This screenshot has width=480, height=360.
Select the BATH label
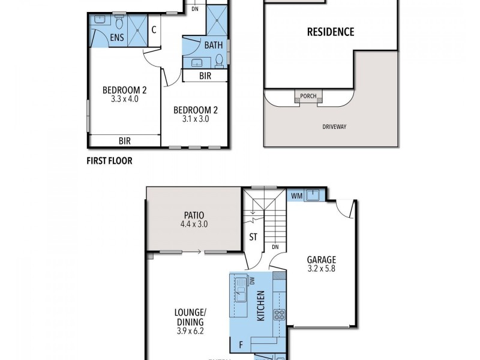214,45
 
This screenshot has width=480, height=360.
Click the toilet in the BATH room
220,59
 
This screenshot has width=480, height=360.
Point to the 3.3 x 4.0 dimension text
125,99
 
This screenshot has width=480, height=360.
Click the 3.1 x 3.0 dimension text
195,119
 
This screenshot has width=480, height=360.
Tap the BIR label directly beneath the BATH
205,76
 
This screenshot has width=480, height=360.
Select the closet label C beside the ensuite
154,30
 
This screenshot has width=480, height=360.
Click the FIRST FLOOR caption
110,161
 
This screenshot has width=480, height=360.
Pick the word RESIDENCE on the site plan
331,32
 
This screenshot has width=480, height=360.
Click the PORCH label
309,96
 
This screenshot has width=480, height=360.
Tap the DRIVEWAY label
335,127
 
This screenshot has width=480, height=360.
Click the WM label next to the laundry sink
296,196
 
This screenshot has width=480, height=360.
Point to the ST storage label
253,237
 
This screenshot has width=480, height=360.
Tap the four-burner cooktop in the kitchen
279,314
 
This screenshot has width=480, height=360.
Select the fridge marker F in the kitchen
241,345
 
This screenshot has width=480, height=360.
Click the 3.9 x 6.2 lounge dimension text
190,331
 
